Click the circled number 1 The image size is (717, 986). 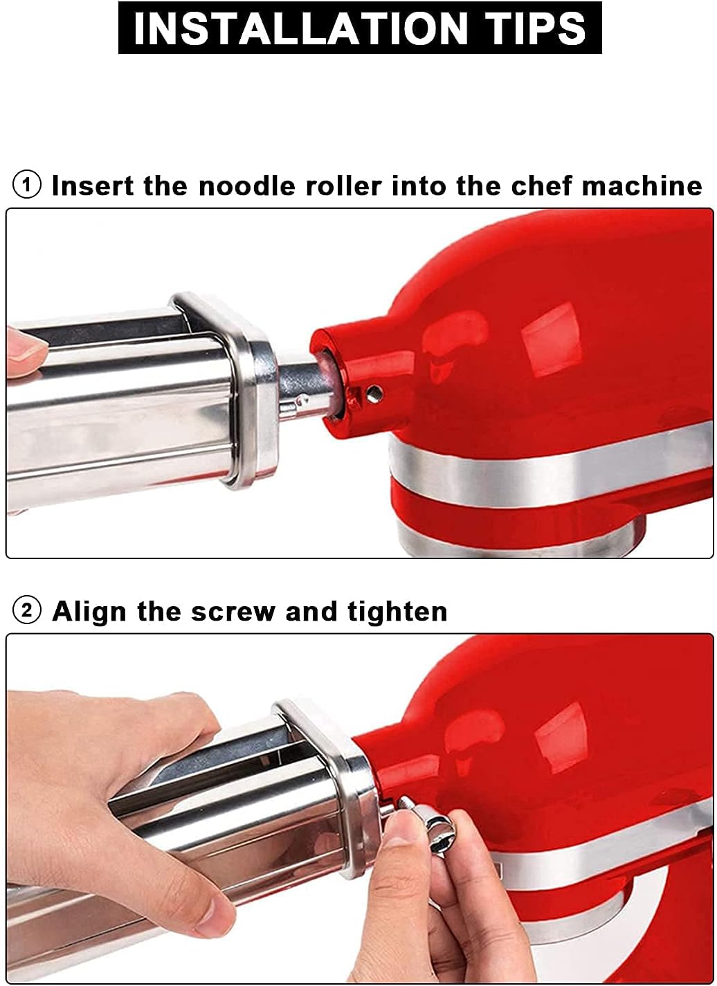click(27, 185)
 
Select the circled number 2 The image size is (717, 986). click(27, 612)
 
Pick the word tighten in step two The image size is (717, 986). click(397, 611)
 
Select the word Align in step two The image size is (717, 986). click(89, 612)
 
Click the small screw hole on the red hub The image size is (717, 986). click(374, 390)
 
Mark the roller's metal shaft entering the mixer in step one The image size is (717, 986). click(298, 387)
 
